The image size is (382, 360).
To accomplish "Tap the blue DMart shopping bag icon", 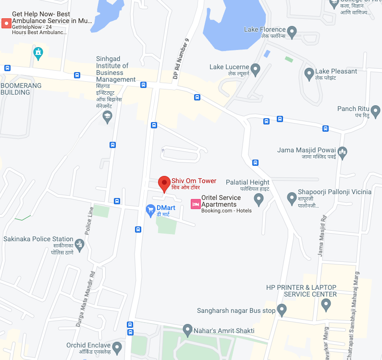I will pos(150,210).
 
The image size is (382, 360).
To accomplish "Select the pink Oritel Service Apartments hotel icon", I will pos(196,204).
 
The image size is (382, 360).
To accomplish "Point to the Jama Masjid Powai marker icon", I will pos(342,153).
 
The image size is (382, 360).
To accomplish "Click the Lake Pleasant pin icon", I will pos(309,74).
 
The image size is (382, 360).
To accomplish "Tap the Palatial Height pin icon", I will pos(259,199).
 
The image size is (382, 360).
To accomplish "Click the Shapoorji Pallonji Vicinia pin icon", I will pos(292,197).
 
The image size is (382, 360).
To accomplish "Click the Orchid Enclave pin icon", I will pos(117,347).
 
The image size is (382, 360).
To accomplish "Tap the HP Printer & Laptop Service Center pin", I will pos(326,304).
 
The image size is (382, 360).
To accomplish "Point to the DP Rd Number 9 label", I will pos(182,59).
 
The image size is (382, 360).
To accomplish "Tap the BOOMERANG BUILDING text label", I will pos(21,89).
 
